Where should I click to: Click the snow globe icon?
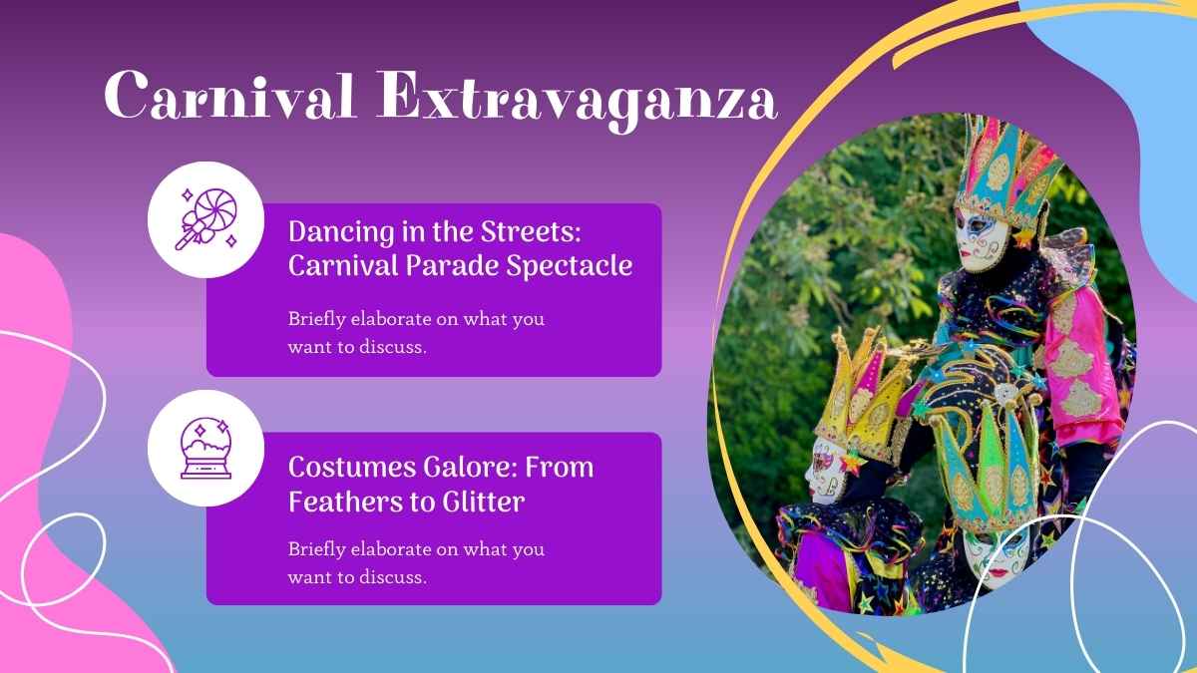(x=204, y=448)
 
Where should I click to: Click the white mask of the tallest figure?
(x=977, y=239)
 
